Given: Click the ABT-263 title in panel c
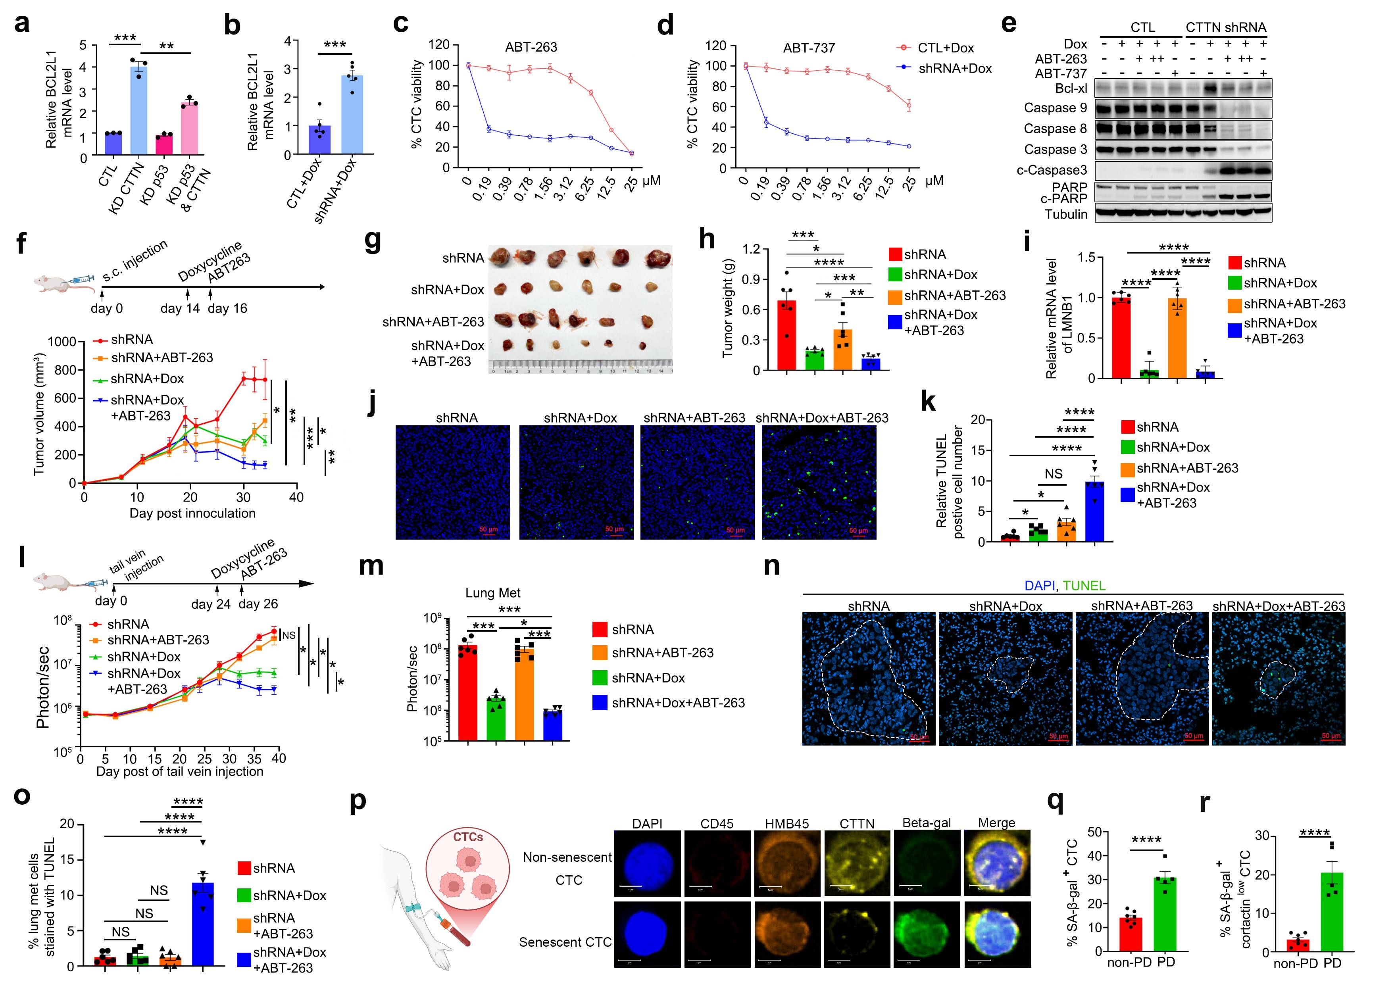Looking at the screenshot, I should point(531,47).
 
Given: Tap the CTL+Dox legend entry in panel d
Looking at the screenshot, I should point(944,48).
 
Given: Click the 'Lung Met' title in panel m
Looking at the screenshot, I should point(492,593).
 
